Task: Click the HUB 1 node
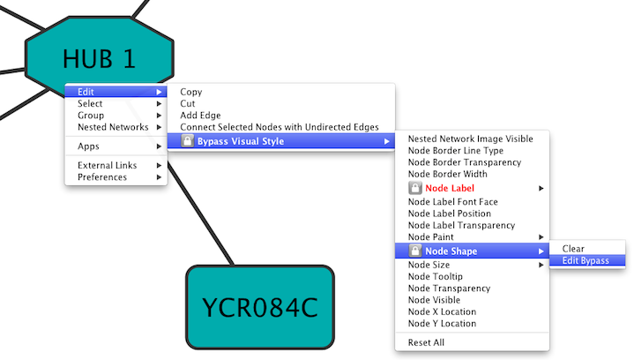point(99,58)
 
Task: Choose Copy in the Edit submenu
point(191,92)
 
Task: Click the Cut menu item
point(188,104)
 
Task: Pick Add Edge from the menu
point(200,116)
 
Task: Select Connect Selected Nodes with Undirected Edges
point(280,128)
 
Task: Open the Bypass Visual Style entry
point(241,141)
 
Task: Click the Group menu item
point(91,116)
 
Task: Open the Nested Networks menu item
point(113,128)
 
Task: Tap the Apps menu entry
point(88,146)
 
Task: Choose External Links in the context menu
point(108,166)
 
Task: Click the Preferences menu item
point(102,177)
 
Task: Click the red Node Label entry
point(450,188)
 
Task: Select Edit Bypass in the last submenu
point(586,260)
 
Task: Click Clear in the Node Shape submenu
point(573,249)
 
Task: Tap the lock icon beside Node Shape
point(415,251)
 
